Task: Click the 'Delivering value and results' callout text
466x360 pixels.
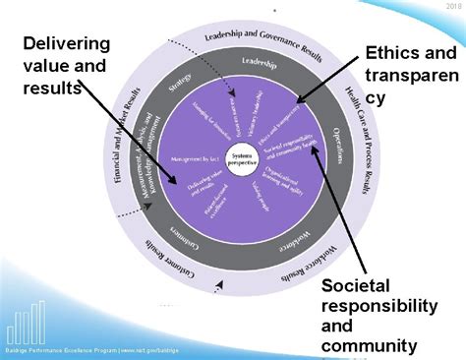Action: [67, 65]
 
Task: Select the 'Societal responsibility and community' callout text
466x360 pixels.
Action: [379, 316]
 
